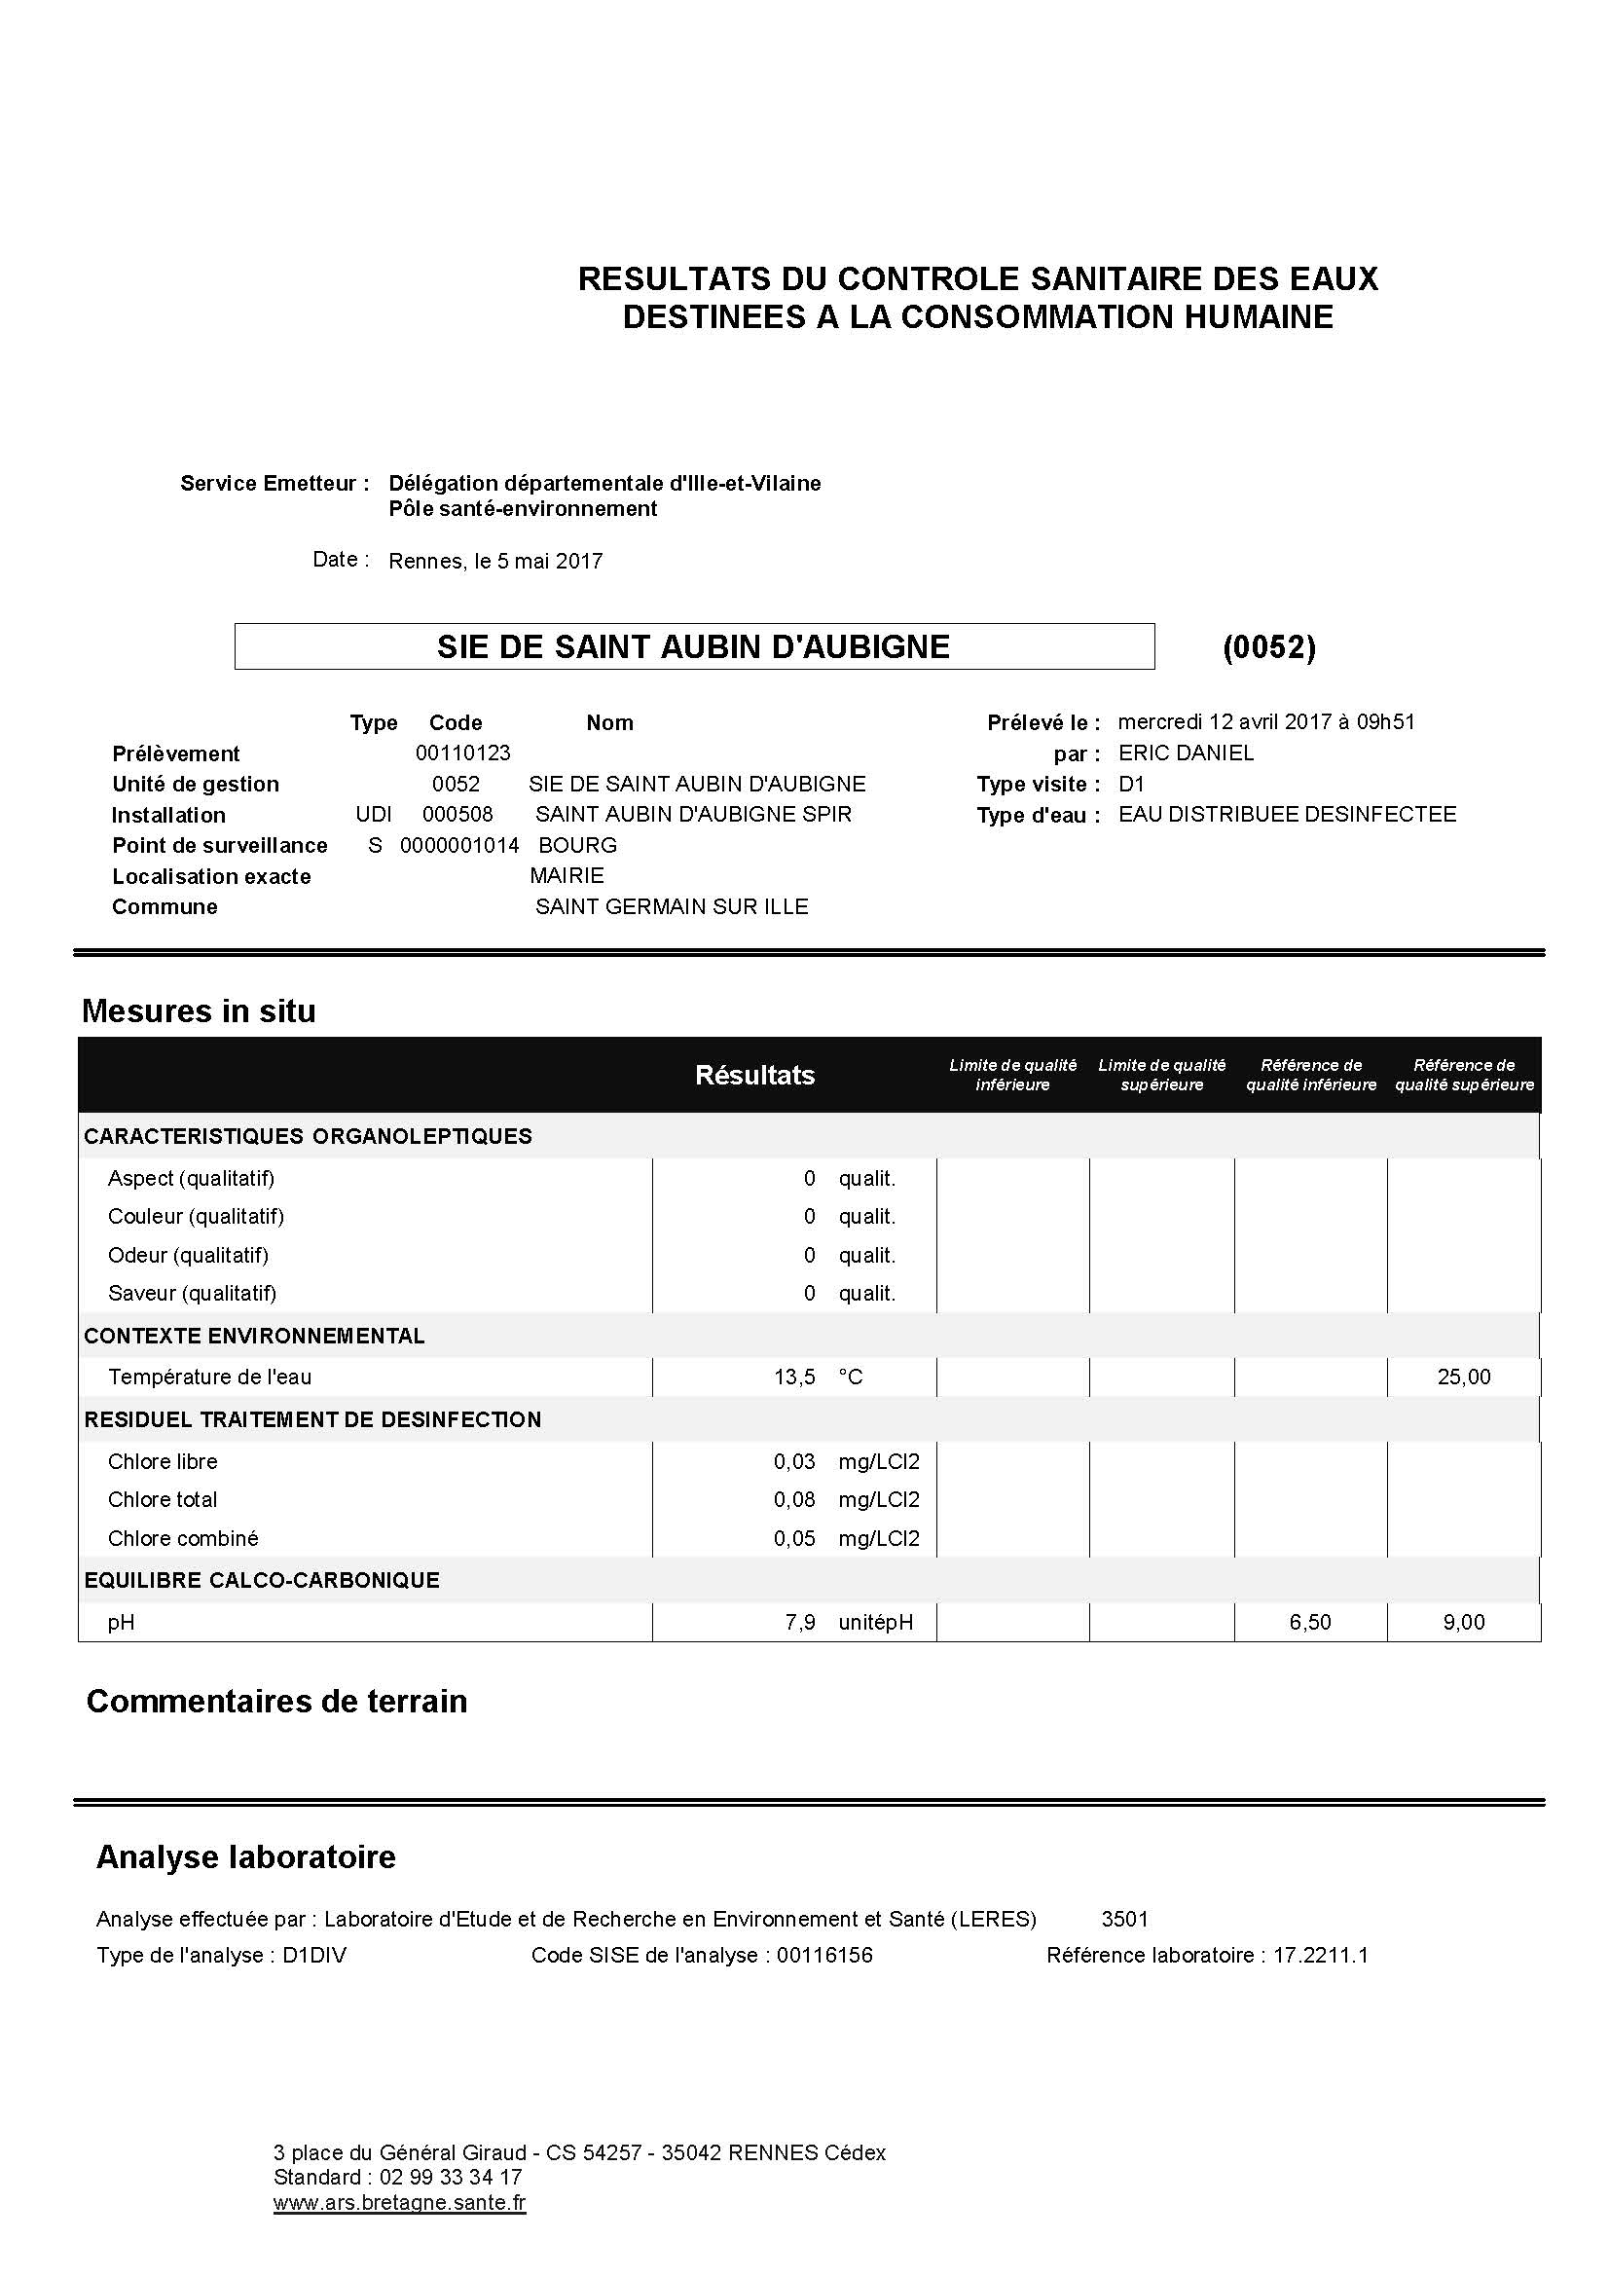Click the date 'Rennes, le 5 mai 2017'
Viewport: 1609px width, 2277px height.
click(494, 562)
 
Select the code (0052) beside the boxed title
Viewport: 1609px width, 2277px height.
click(1269, 647)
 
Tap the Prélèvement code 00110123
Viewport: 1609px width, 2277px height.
click(462, 753)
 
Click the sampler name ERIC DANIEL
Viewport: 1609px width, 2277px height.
click(1186, 753)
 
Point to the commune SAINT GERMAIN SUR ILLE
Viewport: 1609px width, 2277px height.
click(672, 906)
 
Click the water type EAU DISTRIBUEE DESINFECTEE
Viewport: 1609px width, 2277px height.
click(1287, 814)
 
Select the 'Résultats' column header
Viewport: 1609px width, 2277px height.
click(754, 1075)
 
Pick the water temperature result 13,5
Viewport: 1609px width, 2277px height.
click(794, 1377)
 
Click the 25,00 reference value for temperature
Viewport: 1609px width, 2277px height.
click(1463, 1377)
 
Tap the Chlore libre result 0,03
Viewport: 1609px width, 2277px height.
click(794, 1461)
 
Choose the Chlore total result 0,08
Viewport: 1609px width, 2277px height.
click(794, 1499)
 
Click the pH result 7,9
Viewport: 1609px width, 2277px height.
click(800, 1623)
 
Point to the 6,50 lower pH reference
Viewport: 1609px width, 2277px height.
click(1309, 1623)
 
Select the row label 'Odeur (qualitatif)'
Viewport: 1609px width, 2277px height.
click(189, 1255)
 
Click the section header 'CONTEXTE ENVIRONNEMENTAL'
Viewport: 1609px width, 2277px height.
click(255, 1336)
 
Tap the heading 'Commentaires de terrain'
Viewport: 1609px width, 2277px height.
click(276, 1701)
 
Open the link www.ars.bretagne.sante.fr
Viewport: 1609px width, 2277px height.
click(399, 2203)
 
